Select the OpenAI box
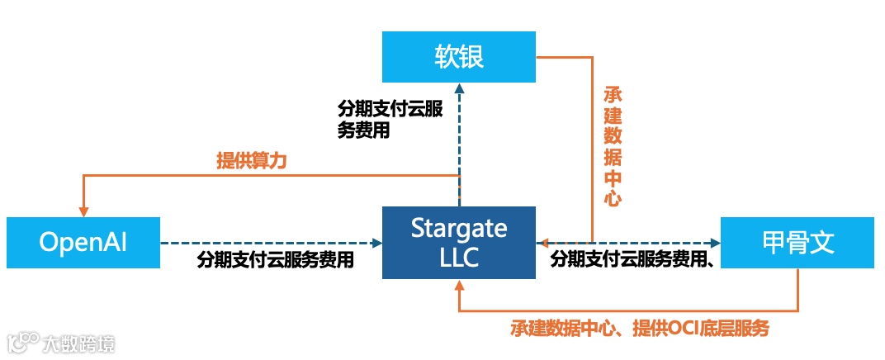[x=83, y=242]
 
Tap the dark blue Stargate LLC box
[x=458, y=242]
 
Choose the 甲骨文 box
[x=797, y=242]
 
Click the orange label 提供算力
[x=251, y=161]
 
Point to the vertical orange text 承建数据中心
[x=612, y=144]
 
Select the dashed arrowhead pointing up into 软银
[x=459, y=88]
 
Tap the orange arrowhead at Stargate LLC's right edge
[x=542, y=243]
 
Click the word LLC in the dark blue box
[x=459, y=258]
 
